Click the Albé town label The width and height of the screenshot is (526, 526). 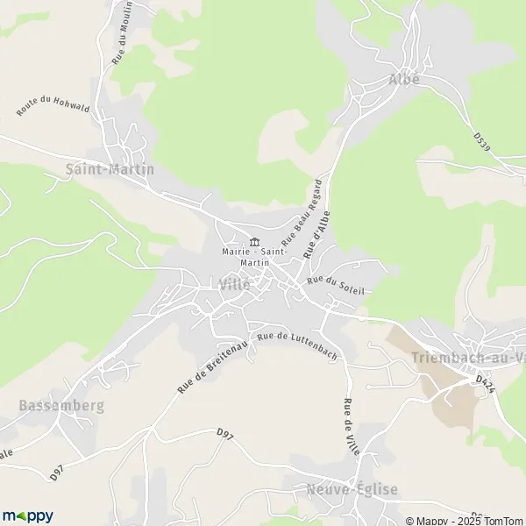pos(404,79)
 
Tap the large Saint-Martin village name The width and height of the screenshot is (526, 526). pos(110,168)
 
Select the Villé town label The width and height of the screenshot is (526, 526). pos(235,284)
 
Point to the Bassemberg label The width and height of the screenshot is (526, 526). pos(61,406)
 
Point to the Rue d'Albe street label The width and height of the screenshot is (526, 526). pos(317,232)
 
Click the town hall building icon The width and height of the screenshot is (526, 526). pos(254,242)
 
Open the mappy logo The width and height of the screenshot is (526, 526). pos(28,515)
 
